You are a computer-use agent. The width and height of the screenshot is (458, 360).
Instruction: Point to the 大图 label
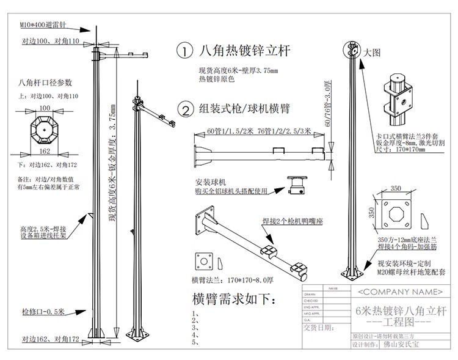coord(372,53)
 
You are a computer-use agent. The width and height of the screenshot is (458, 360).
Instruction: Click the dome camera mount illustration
coord(297,183)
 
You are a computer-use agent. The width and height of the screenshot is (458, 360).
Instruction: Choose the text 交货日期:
coord(319,327)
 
